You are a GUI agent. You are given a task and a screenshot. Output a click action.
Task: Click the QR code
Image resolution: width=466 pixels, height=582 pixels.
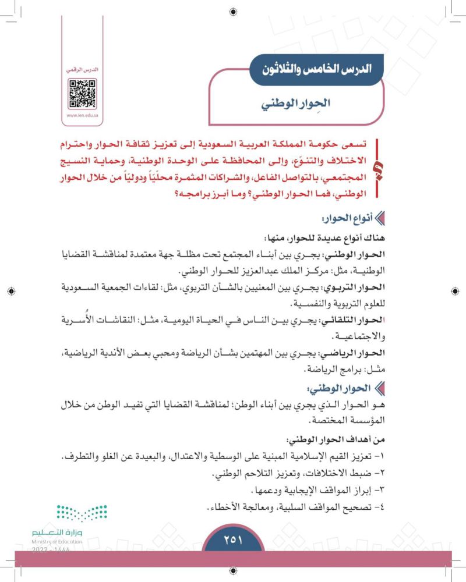[82, 93]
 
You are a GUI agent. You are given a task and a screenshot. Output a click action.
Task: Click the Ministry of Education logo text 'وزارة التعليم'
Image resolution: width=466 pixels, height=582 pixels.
[56, 533]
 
